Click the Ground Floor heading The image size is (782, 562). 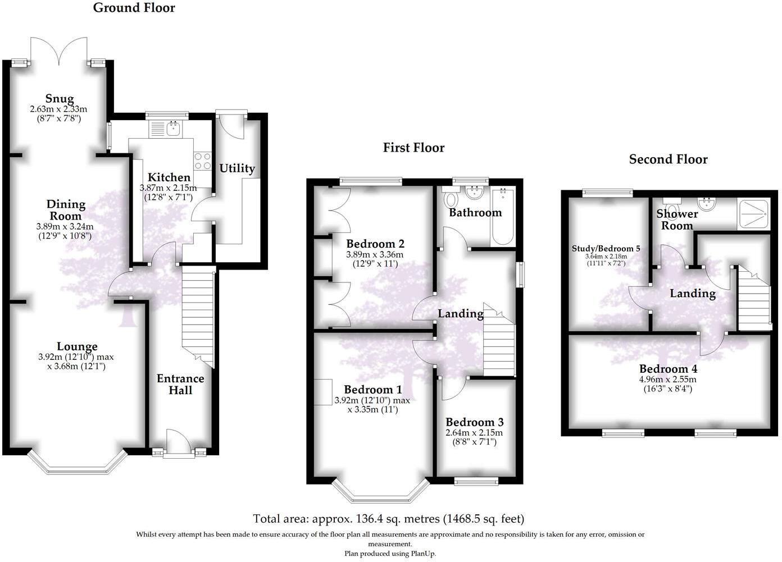pos(134,8)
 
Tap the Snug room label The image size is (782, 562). pos(60,99)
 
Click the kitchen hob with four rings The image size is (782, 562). pos(202,162)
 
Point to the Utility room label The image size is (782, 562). pos(237,168)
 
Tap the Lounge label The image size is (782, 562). pos(77,346)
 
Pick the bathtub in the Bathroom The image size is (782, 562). pos(502,216)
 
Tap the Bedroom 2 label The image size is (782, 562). pos(375,244)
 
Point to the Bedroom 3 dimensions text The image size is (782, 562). pos(474,437)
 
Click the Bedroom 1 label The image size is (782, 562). pos(373,390)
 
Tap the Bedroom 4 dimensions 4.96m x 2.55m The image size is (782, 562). pos(668,379)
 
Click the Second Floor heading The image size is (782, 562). pos(668,159)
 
